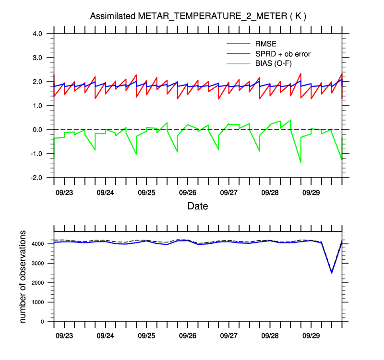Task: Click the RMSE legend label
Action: (265, 43)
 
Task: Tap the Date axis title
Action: (197, 206)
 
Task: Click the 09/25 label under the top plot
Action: (146, 192)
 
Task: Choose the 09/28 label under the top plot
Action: (270, 192)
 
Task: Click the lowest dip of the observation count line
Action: (332, 273)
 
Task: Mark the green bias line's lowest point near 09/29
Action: (300, 162)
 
